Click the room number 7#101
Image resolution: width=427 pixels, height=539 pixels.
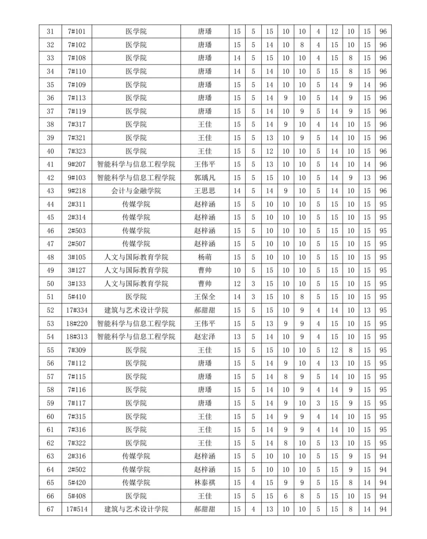[77, 32]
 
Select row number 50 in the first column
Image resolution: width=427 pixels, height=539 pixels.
[50, 284]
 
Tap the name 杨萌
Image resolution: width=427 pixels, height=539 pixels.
[205, 257]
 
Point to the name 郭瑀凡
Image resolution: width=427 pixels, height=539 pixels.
[205, 178]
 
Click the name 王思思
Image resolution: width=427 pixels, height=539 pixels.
[205, 191]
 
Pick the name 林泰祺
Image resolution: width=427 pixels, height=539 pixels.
[205, 482]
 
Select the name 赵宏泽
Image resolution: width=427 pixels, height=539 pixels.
[205, 337]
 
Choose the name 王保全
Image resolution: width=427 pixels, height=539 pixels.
[205, 297]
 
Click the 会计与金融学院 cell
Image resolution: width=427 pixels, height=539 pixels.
[136, 191]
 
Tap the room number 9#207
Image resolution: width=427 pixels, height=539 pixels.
[77, 164]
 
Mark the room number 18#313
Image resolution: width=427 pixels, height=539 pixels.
[77, 337]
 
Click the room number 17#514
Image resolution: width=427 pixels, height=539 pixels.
[77, 509]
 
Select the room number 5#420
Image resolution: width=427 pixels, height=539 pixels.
[77, 482]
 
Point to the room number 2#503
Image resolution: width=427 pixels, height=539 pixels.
[77, 231]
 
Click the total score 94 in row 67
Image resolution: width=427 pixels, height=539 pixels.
[383, 509]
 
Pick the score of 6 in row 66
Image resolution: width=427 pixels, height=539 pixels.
[286, 496]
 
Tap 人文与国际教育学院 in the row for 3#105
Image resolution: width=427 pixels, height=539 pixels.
[136, 257]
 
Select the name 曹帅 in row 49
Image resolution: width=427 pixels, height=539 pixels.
[205, 270]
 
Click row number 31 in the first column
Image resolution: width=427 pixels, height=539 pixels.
[50, 32]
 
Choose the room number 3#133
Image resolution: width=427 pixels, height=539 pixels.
[77, 284]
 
